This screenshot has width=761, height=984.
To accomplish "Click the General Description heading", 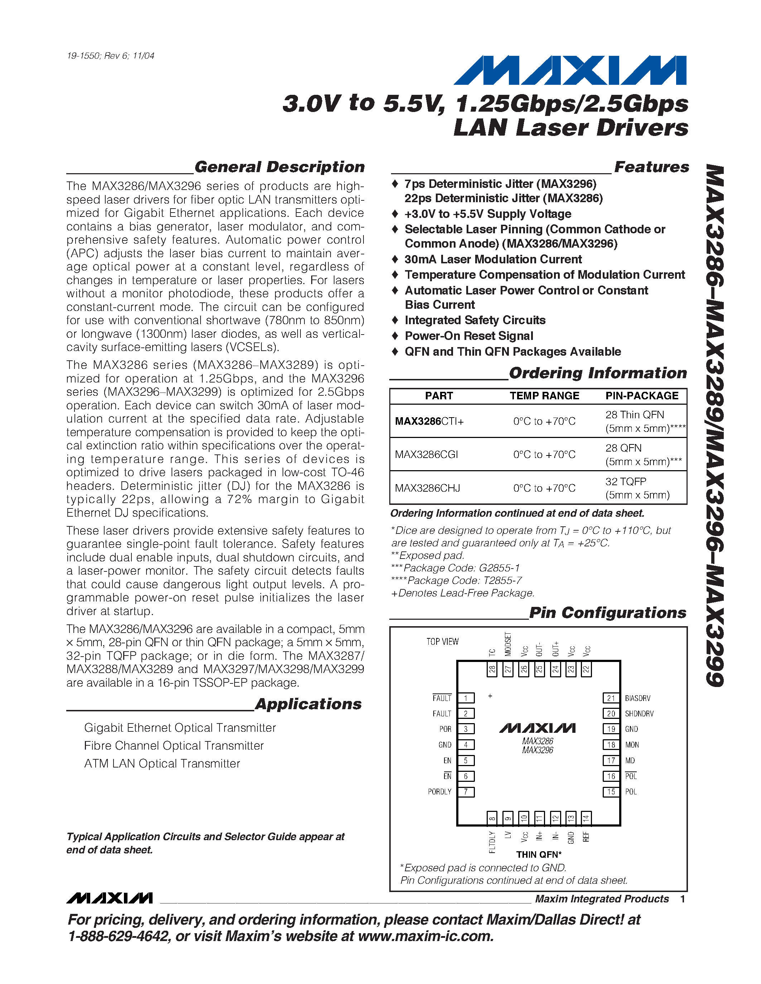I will [x=280, y=167].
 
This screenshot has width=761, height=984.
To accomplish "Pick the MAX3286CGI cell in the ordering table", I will [x=426, y=454].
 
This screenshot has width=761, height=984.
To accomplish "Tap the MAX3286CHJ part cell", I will [x=427, y=488].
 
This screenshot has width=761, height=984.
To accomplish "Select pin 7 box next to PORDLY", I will [x=466, y=791].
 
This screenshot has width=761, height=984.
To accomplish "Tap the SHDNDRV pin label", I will [x=639, y=714].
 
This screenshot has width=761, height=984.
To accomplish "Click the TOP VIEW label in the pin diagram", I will [x=442, y=642].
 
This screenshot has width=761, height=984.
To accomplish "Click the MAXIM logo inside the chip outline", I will [x=538, y=728].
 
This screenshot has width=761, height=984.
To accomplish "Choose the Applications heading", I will [x=308, y=704].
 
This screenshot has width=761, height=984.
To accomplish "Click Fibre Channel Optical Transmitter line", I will [x=174, y=746].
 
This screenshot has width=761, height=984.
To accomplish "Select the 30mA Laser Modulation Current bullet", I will [x=493, y=259].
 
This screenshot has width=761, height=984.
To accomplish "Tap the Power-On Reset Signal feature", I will [x=468, y=336].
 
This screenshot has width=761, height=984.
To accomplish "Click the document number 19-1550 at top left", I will [x=110, y=56].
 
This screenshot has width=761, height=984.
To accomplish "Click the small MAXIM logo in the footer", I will [x=110, y=898].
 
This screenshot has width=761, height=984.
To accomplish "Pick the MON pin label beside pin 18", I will [x=632, y=745].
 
